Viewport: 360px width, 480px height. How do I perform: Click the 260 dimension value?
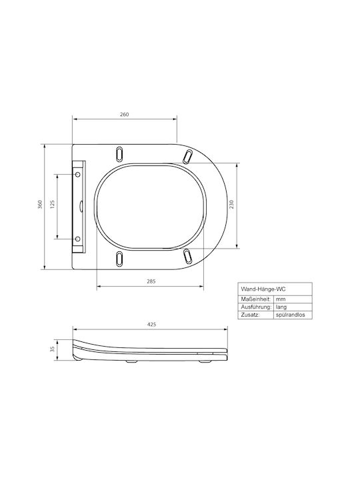point(124,115)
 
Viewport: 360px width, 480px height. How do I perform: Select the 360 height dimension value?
point(39,204)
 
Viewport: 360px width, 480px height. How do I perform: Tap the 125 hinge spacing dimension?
point(52,205)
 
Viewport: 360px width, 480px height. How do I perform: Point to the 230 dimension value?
point(231,204)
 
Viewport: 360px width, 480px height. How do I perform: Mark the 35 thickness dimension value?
point(52,349)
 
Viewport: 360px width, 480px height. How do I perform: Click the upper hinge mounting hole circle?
point(78,174)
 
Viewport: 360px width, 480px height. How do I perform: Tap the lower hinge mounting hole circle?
point(78,239)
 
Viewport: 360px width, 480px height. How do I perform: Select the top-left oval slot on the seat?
point(119,154)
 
